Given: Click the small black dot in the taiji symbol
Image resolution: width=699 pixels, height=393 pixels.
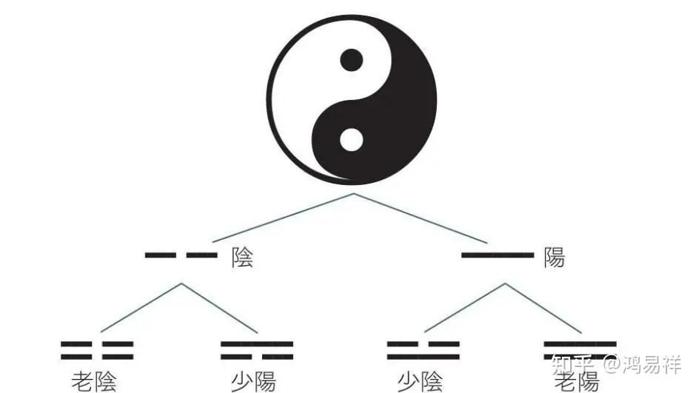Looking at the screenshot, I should pos(351,58).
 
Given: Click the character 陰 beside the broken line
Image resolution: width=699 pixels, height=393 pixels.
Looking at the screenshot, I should pos(242,258).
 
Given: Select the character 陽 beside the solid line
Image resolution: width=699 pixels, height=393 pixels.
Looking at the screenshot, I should pos(554,258).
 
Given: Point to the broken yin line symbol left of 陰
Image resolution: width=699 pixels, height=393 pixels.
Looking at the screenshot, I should pos(181,255).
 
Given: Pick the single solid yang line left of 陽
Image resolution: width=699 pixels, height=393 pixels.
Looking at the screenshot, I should pos(498,255).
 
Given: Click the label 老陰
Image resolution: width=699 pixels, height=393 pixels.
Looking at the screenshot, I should pos(94,381).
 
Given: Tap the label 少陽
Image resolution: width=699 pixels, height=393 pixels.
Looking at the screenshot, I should pos(253,381).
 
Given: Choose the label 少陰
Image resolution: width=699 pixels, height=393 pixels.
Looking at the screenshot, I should pos(421,381).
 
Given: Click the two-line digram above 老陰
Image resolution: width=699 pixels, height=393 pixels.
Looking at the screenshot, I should pos(97,350).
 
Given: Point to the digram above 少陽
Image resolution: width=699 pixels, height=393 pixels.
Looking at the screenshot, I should pos(257,350).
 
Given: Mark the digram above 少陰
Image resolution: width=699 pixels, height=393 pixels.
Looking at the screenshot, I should pos(423,350).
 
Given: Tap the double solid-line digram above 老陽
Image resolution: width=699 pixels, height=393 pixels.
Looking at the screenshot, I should pos(580,350).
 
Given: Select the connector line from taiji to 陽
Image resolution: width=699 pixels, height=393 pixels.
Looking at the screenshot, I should pos(421,218).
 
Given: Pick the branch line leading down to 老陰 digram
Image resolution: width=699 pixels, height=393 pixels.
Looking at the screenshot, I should pos(141,308).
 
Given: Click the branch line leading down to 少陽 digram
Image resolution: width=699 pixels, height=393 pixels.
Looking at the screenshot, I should pos(220,308).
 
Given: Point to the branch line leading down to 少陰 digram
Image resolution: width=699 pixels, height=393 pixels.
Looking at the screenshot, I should pos(465,308).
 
